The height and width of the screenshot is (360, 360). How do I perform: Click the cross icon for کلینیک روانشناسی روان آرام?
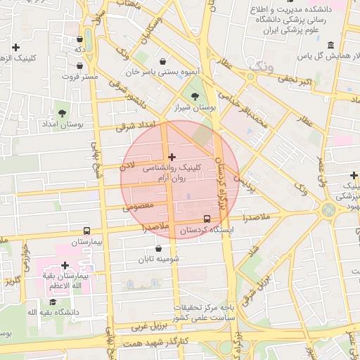coord(172,156)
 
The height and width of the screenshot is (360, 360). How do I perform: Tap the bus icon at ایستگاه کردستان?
coord(207,219)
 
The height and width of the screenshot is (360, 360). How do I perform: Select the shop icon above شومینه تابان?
coord(158,248)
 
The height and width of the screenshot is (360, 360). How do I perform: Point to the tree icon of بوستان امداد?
coord(63,112)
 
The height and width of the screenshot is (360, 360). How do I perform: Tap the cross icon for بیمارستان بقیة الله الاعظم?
coord(65,265)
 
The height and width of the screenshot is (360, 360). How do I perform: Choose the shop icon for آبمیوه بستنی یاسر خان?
coord(163,61)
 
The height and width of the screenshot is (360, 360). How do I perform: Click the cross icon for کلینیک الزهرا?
coord(16,47)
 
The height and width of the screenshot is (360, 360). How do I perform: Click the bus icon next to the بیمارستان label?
coord(86,231)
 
